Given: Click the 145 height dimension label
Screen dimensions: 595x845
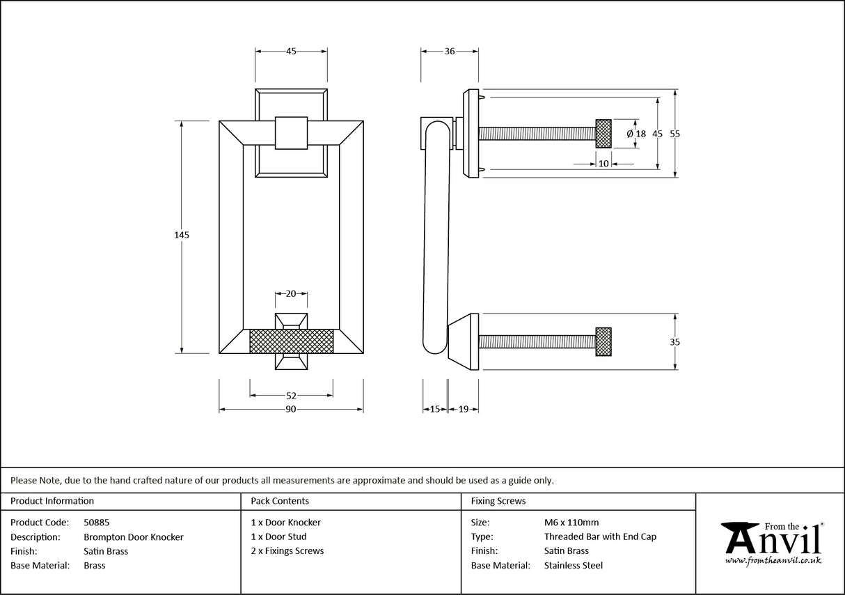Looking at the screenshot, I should (182, 235).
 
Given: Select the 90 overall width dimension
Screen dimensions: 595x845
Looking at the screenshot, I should (291, 410).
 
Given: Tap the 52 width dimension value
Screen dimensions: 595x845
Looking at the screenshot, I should (291, 396).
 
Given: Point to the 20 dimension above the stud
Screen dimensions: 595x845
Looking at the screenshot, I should (291, 294).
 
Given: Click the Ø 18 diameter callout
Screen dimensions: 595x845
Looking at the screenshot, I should (636, 133).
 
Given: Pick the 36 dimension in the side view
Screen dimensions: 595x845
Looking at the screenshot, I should (449, 51).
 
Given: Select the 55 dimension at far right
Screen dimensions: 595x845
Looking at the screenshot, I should (674, 133).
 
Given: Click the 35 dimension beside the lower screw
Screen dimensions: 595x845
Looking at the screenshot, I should (674, 342).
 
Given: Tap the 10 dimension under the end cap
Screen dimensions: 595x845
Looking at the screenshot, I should (603, 164).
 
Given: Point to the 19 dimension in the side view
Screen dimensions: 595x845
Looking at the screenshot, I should (464, 410).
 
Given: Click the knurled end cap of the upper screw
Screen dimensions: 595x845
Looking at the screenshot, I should (603, 133).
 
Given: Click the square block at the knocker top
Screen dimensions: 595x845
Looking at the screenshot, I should (291, 132).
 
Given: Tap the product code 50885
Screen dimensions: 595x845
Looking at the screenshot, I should (96, 522).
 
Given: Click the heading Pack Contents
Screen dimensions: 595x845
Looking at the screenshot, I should (280, 501).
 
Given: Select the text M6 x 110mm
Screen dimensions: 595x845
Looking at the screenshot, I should (571, 522).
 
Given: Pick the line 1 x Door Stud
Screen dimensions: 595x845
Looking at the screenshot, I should (278, 536).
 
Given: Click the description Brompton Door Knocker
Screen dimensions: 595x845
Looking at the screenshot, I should (134, 536).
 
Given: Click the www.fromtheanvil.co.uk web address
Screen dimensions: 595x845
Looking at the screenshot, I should (773, 560).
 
